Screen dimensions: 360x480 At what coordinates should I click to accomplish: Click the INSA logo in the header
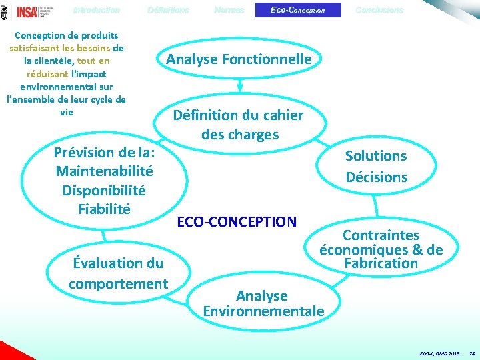(27, 11)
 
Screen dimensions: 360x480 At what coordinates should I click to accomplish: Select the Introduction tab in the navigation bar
(97, 10)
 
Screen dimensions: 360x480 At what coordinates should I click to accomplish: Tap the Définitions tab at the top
(168, 10)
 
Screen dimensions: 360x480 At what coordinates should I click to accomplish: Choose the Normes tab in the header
(229, 10)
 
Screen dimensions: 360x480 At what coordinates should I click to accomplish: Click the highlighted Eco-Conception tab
(298, 10)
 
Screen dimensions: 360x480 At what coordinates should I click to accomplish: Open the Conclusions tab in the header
(379, 10)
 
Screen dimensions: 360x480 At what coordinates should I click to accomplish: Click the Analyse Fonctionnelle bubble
(239, 59)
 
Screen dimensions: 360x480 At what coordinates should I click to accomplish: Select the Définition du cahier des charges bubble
(239, 125)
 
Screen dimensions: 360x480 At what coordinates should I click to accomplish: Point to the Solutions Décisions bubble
(376, 166)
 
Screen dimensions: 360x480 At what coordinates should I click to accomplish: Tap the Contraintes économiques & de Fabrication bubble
(381, 249)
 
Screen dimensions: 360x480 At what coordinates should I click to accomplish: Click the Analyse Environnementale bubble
(263, 303)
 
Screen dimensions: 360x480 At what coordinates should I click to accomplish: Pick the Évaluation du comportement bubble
(118, 273)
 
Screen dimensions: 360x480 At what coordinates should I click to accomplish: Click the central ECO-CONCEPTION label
(237, 221)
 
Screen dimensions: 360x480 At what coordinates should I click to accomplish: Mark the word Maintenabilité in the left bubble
(104, 171)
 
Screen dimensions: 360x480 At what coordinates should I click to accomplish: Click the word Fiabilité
(104, 209)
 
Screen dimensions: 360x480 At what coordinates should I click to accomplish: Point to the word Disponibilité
(104, 190)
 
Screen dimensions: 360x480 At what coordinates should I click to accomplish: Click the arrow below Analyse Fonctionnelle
(239, 85)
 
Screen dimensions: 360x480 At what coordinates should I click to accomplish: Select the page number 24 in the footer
(471, 352)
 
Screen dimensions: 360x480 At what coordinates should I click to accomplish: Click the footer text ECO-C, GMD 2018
(439, 352)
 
